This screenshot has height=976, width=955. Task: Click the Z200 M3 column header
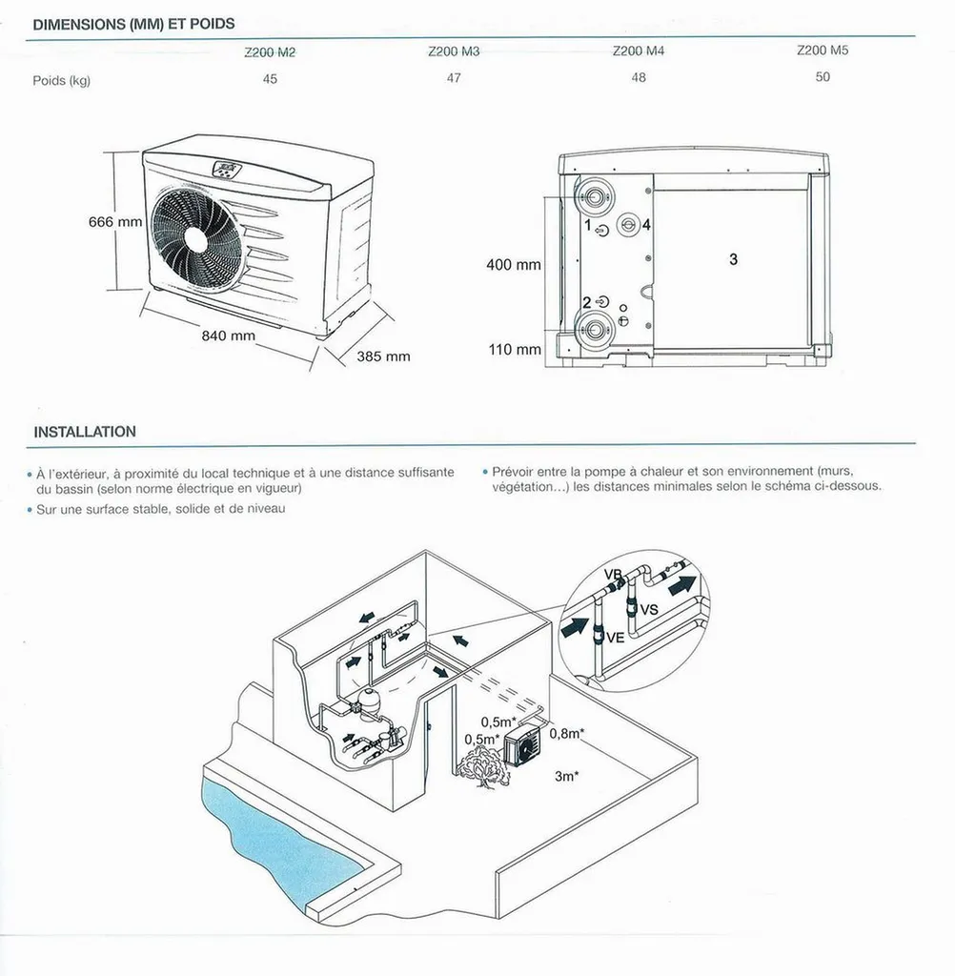pyautogui.click(x=454, y=51)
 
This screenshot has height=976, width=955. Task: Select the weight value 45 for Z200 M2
pyautogui.click(x=270, y=78)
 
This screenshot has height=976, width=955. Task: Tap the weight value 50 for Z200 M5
pyautogui.click(x=823, y=76)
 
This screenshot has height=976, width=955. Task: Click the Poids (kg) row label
pyautogui.click(x=61, y=81)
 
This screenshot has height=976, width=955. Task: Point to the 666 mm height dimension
pyautogui.click(x=114, y=222)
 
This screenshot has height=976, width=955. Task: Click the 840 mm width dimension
pyautogui.click(x=229, y=335)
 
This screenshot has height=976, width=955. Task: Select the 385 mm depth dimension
pyautogui.click(x=383, y=356)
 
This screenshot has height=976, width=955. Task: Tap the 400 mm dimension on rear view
pyautogui.click(x=513, y=265)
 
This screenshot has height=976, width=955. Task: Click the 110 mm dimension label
pyautogui.click(x=514, y=350)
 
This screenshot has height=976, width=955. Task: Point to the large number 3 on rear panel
pyautogui.click(x=733, y=259)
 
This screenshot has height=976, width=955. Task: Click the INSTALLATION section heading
pyautogui.click(x=85, y=432)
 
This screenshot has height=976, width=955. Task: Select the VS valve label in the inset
pyautogui.click(x=649, y=609)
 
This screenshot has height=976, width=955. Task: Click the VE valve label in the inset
pyautogui.click(x=615, y=637)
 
